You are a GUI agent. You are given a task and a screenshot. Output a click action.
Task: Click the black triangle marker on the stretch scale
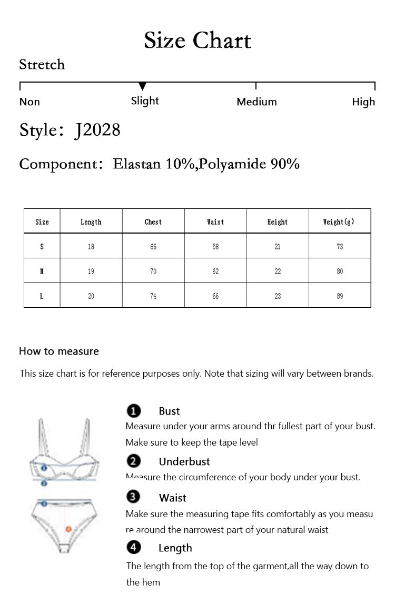click(x=142, y=86)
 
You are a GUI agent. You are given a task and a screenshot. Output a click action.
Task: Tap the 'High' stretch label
click(x=363, y=102)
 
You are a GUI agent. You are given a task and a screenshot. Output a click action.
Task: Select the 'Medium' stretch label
click(x=256, y=102)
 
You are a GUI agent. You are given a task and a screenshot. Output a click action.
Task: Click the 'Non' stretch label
click(x=29, y=102)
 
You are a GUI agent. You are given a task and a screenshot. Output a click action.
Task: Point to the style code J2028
click(x=97, y=129)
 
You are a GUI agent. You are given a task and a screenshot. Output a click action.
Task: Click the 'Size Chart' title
click(x=197, y=41)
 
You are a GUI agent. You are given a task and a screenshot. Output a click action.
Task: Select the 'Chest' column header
click(x=153, y=222)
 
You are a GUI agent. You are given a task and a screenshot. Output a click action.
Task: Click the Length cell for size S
click(x=91, y=247)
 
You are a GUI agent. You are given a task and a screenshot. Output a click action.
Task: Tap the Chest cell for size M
click(x=153, y=271)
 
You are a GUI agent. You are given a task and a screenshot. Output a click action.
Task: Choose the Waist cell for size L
click(x=215, y=296)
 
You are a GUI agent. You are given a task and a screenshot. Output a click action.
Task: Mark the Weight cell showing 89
click(x=340, y=296)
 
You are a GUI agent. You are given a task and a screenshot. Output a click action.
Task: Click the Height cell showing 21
click(x=278, y=247)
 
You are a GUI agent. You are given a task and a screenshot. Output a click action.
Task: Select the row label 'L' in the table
click(x=42, y=296)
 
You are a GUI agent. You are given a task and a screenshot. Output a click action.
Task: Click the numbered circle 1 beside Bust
click(x=134, y=411)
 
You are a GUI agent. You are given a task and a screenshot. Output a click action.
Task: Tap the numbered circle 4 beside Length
click(x=134, y=548)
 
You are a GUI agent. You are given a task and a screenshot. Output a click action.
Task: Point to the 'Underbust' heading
click(x=184, y=461)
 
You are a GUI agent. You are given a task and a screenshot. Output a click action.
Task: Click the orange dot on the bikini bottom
click(x=68, y=529)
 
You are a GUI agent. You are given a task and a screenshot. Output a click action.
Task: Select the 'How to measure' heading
click(x=59, y=351)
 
